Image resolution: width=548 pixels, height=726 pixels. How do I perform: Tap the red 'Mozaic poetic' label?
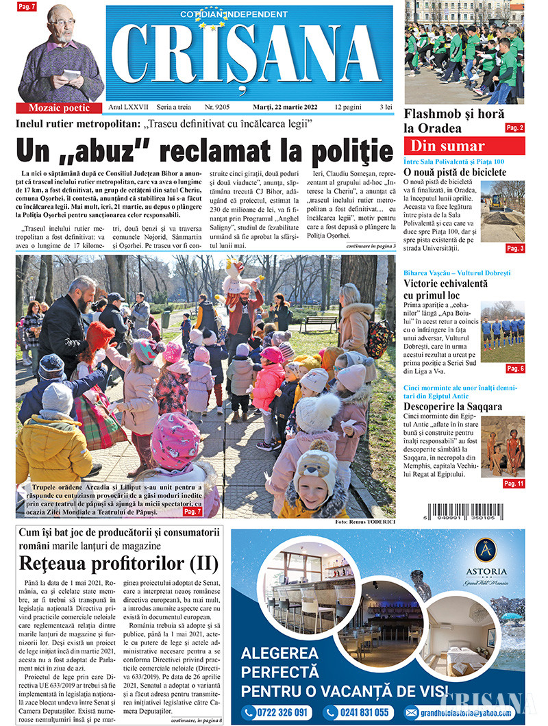tap(60, 108)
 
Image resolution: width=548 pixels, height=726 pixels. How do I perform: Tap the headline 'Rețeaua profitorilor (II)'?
tap(119, 564)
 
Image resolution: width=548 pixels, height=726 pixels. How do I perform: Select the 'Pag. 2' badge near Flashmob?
tap(514, 128)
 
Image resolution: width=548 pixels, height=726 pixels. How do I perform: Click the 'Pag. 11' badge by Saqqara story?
tap(514, 484)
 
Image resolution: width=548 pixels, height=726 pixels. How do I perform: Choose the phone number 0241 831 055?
tap(358, 712)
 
